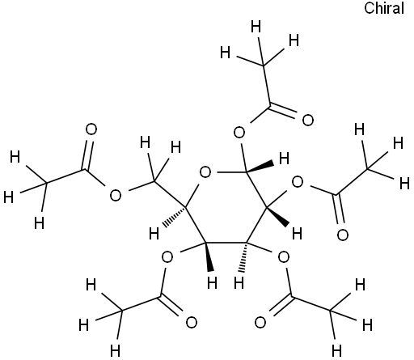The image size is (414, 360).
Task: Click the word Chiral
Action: click(384, 8)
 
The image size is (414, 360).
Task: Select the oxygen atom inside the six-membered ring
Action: click(205, 172)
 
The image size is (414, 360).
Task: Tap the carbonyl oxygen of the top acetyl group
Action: click(308, 120)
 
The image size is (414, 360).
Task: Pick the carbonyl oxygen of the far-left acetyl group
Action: click(91, 129)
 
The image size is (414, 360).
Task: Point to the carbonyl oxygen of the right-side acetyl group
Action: click(343, 235)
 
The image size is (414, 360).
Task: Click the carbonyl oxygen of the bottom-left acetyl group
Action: click(192, 323)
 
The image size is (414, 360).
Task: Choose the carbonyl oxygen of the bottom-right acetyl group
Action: click(260, 323)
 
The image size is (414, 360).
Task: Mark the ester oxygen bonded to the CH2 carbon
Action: click(116, 195)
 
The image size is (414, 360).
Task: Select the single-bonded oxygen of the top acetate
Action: click(239, 133)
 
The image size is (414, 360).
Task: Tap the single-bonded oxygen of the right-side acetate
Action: click(298, 182)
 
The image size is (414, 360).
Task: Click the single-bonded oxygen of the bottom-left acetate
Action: click(167, 257)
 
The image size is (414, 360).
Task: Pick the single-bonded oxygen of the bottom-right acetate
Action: click(284, 257)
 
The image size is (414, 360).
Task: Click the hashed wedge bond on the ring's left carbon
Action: click(174, 217)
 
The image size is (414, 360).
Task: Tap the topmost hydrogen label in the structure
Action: click(256, 28)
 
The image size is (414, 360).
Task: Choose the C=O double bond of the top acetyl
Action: click(283, 112)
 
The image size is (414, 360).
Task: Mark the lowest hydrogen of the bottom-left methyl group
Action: click(115, 350)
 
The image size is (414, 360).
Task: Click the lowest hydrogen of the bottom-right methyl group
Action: click(336, 350)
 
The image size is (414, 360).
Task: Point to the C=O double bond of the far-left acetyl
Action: click(87, 155)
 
